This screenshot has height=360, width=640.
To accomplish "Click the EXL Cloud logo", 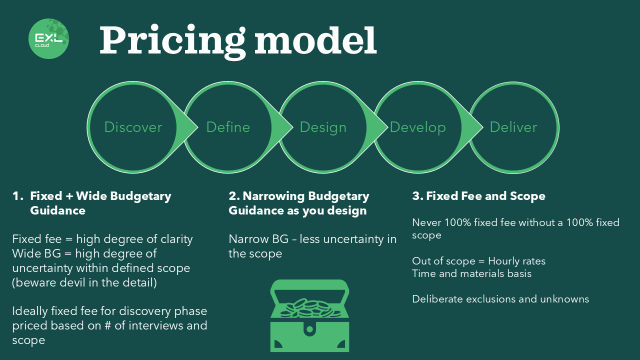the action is coord(49,39).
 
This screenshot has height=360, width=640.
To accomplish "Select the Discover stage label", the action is coord(133,127).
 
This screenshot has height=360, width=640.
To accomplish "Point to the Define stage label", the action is coord(228,127).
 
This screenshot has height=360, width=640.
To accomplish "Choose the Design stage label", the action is coord(323,127).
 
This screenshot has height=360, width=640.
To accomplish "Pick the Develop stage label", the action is coord(417,127).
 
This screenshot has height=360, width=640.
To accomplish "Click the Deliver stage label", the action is coord(513,127).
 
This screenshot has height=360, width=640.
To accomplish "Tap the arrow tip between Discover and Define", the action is coord(197,127).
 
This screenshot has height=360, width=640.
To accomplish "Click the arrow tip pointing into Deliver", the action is coord(482,127).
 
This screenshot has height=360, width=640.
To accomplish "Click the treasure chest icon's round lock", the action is coord(309,329).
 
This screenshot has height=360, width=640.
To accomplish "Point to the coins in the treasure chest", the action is coord(310,308).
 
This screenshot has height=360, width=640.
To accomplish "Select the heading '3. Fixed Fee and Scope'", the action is coord(478,196).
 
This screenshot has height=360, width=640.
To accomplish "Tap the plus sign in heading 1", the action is coord(69,196).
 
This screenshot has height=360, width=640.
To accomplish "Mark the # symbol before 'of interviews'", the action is coord(107,325).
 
